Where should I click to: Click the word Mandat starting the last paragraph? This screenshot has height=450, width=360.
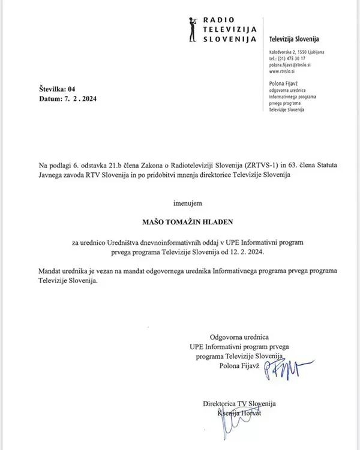click(x=52, y=271)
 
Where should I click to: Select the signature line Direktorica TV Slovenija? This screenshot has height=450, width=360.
click(x=240, y=404)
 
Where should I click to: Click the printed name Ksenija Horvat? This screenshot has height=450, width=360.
click(x=239, y=413)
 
